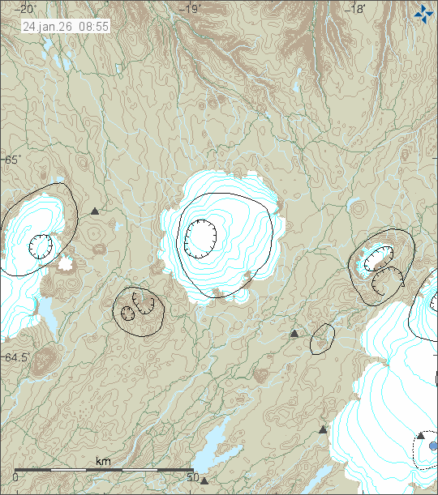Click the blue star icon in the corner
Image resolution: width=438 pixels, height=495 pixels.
423,13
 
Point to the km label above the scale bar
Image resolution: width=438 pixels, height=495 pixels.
104,461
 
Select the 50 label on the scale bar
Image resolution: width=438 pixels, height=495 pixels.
193,477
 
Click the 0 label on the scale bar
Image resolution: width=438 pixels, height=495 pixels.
15,477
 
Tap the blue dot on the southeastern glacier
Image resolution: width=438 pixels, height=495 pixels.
433,446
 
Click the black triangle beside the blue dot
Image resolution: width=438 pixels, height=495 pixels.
420,436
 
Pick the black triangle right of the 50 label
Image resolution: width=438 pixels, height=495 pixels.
204,480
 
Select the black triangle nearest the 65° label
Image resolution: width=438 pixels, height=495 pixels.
95,211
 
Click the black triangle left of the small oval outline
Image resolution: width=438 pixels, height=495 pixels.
294,333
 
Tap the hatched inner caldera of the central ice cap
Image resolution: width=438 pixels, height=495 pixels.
200,237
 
